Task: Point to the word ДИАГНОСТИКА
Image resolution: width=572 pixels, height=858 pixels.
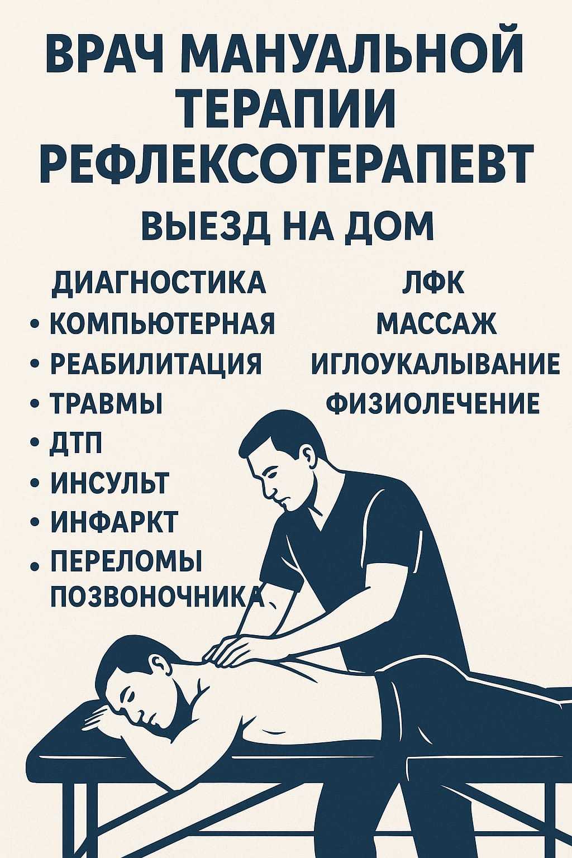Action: point(158,283)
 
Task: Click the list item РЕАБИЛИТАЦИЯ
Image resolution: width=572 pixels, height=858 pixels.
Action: point(156,363)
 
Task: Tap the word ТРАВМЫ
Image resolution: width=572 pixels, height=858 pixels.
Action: point(106,403)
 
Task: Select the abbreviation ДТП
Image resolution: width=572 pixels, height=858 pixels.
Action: point(77,444)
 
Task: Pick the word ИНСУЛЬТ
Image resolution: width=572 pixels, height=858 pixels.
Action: point(109,483)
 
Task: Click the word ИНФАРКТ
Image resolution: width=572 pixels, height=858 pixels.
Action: point(114,522)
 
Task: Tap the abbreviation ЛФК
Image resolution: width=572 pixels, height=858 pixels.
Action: point(433,283)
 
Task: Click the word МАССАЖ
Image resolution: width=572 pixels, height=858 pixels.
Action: point(436,323)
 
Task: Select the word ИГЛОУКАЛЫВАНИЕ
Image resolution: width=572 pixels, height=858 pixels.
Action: point(435,363)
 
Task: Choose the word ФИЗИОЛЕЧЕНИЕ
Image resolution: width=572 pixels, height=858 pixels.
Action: point(433,403)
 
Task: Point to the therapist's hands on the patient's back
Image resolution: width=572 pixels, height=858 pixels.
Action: point(235,648)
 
